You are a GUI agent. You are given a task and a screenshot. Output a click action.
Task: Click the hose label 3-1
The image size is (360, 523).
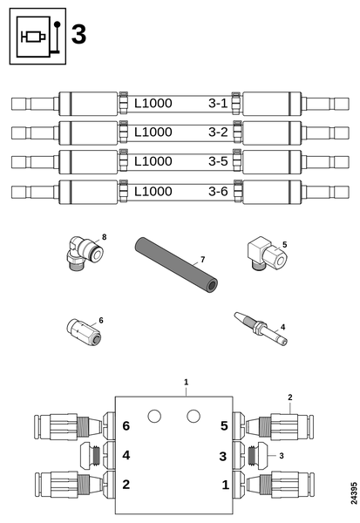(218, 104)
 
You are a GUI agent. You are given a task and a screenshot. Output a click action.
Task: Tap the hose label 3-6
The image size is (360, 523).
(218, 192)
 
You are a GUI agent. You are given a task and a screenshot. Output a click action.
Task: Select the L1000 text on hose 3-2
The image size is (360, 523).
(153, 132)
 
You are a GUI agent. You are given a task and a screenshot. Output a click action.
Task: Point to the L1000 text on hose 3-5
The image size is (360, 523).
(153, 161)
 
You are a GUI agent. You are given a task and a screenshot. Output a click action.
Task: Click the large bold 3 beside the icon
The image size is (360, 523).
(78, 35)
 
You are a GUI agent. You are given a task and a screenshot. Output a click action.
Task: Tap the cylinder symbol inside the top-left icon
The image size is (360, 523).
(33, 37)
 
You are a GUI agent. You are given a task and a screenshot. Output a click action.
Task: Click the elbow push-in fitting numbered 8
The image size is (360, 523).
(84, 254)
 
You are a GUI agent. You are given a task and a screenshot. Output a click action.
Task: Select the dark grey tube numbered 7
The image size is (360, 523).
(176, 265)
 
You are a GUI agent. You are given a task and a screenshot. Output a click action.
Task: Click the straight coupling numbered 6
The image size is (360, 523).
(84, 332)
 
